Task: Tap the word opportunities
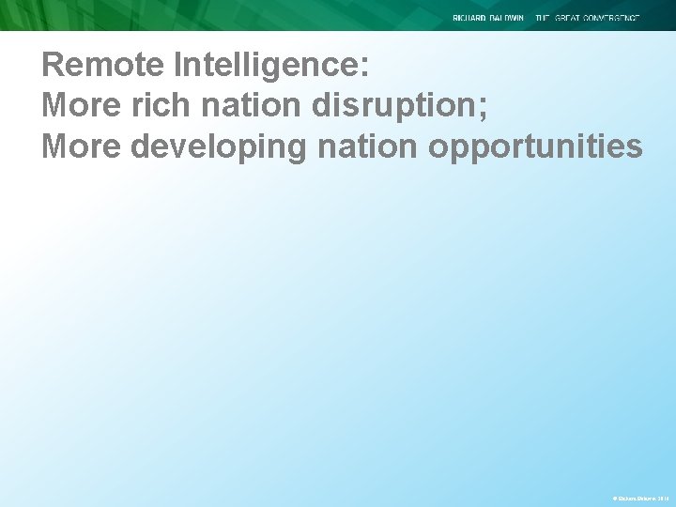click(x=535, y=146)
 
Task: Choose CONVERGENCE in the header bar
click(x=615, y=18)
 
